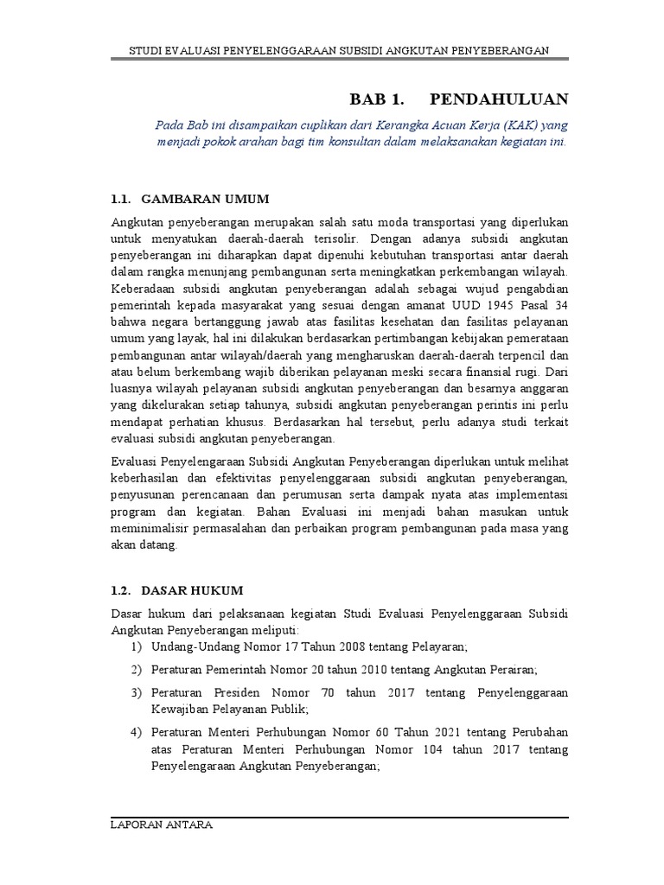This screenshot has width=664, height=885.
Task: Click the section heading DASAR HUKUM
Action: (193, 590)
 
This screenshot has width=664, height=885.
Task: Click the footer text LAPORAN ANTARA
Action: (162, 825)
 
